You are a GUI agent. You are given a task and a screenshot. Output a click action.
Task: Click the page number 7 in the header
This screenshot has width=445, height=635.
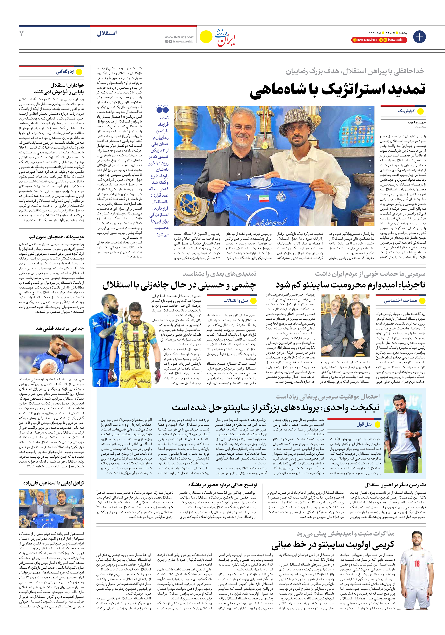coord(22,33)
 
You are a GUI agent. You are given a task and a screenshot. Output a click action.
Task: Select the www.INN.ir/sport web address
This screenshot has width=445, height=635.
coord(179,37)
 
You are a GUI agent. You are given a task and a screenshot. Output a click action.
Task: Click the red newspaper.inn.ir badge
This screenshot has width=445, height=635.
coord(365,40)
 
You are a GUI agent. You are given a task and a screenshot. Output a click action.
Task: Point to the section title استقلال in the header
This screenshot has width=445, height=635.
coord(107,33)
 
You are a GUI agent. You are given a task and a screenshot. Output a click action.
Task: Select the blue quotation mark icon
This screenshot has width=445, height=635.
coord(162,109)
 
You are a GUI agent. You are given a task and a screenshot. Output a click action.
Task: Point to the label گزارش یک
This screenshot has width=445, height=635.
coord(406,111)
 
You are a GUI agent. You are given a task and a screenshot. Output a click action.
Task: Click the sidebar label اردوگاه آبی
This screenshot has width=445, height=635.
coord(65,72)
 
